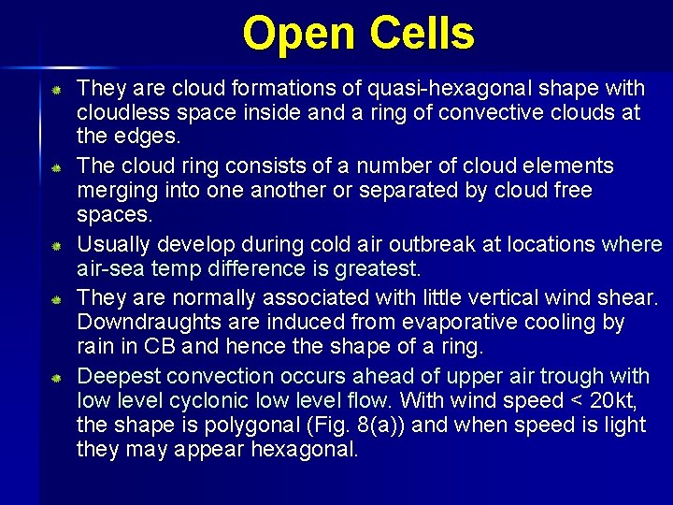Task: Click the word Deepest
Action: click(x=115, y=377)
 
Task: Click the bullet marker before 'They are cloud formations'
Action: click(x=56, y=90)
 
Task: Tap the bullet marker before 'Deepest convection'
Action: click(x=56, y=378)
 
